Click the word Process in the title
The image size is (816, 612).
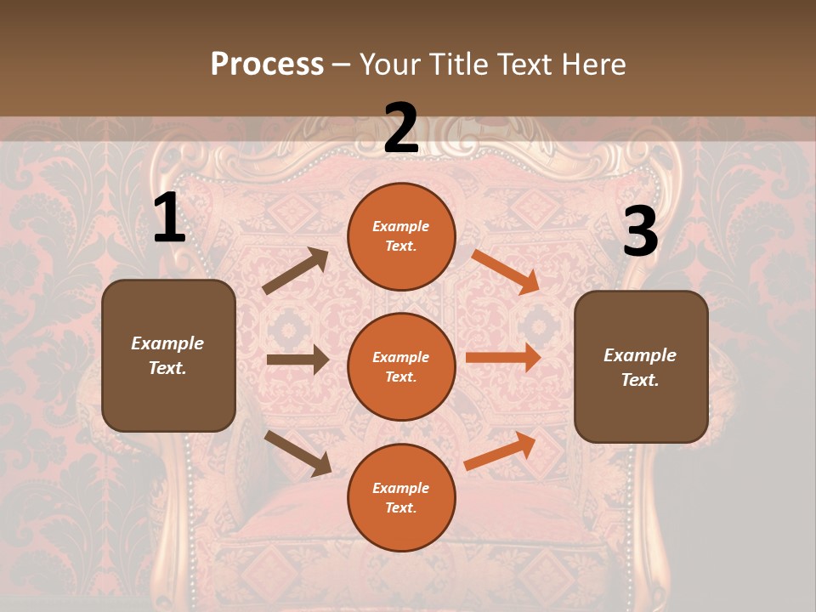tap(267, 65)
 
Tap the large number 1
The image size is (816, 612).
tap(169, 219)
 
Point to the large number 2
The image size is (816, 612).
tap(401, 129)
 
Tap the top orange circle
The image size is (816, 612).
tap(401, 236)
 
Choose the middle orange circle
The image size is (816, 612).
tap(401, 367)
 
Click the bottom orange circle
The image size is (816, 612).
tap(401, 498)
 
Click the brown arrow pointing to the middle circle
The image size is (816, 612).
tap(297, 360)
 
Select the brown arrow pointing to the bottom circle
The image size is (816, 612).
tap(298, 452)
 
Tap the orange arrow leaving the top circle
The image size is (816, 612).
tap(505, 271)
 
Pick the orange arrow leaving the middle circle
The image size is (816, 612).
tap(503, 357)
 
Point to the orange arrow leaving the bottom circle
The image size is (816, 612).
tap(501, 450)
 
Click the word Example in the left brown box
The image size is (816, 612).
tap(167, 343)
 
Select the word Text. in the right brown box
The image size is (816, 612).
tap(640, 380)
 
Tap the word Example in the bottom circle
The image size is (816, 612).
tap(401, 488)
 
